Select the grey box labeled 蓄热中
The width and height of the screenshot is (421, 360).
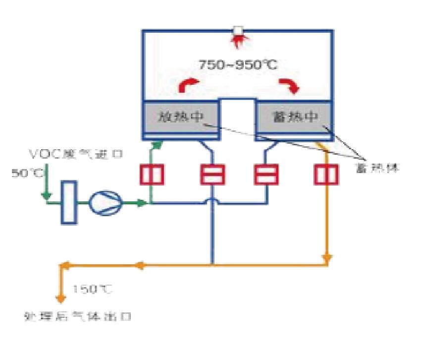tap(293, 118)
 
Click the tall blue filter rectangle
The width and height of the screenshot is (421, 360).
tap(69, 202)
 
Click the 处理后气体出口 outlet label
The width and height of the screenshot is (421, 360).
tap(78, 316)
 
